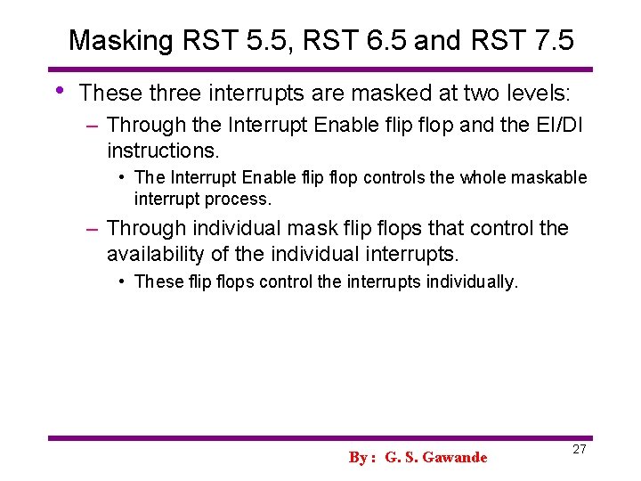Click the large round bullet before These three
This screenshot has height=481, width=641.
pyautogui.click(x=60, y=90)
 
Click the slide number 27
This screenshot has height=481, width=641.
pyautogui.click(x=579, y=449)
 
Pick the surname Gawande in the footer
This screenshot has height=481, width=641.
pyautogui.click(x=455, y=457)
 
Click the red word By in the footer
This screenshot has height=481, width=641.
pyautogui.click(x=359, y=457)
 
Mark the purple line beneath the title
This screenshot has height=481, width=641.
pyautogui.click(x=320, y=69)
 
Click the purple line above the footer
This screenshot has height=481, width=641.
pyautogui.click(x=320, y=437)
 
